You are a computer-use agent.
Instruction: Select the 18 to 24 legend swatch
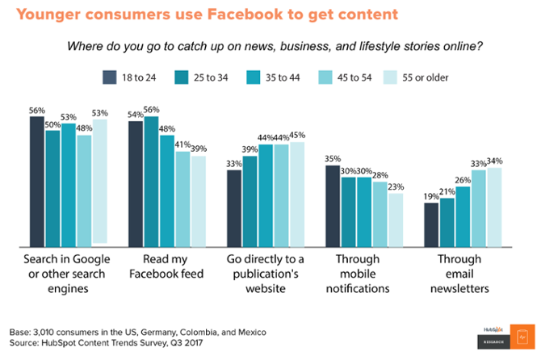pos(110,77)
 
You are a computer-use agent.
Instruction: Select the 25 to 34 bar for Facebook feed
pos(151,181)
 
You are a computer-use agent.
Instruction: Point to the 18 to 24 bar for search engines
pos(37,181)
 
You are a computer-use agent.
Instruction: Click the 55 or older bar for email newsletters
pos(494,206)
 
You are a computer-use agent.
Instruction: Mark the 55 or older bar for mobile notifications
pos(395,219)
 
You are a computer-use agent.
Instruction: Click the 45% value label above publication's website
pos(297,135)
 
